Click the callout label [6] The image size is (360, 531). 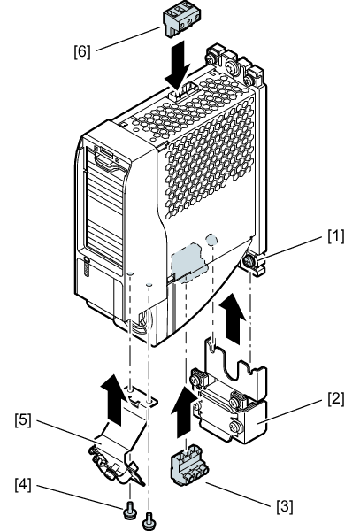(x=82, y=52)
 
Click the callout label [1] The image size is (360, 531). (x=335, y=236)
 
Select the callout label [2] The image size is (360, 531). (x=335, y=398)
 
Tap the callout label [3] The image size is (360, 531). (x=285, y=506)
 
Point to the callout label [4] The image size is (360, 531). (x=23, y=485)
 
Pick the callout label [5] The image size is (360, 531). (x=23, y=419)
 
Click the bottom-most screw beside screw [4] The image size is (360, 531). (x=149, y=521)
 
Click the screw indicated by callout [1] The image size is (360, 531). (x=249, y=261)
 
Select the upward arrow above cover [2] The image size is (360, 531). (x=232, y=319)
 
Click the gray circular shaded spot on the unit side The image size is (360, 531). (x=211, y=239)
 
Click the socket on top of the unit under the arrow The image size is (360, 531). (x=182, y=92)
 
